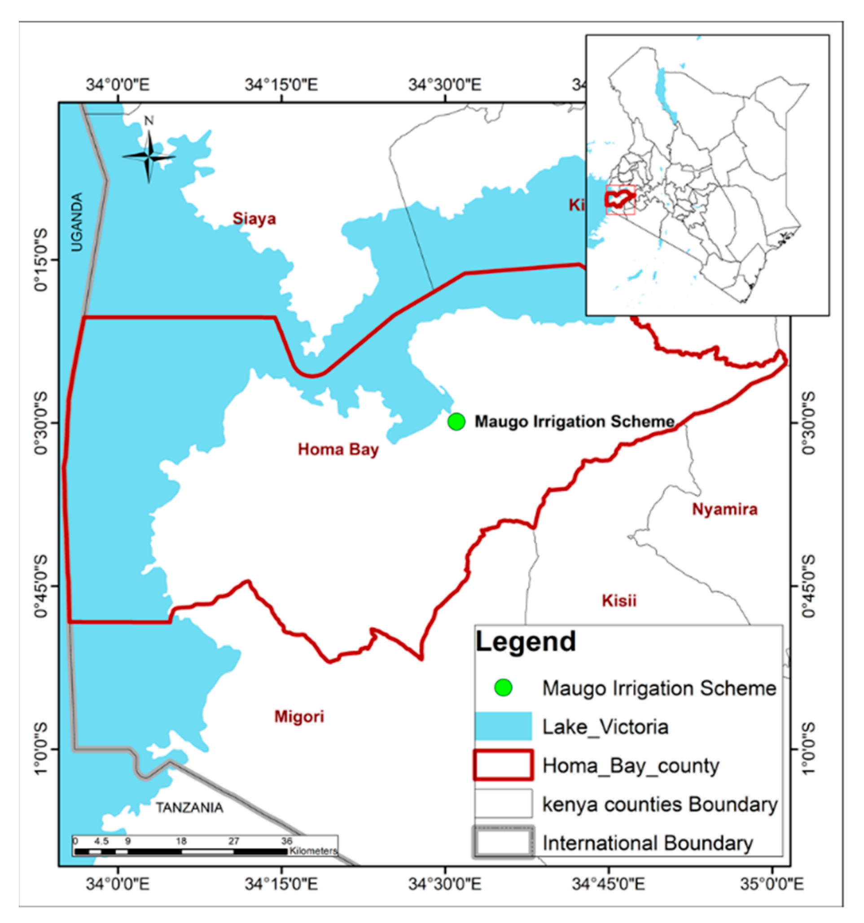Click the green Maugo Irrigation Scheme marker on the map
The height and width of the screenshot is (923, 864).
point(456,422)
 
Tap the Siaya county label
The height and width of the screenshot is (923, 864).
point(254,219)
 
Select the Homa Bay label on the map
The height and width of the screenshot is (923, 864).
point(338,449)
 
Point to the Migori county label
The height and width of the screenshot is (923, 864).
point(299,717)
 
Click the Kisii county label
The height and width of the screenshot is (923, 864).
point(619,601)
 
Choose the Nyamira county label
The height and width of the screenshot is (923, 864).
point(725,510)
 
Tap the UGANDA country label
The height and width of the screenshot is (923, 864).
point(77,222)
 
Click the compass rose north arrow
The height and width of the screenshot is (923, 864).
point(149,155)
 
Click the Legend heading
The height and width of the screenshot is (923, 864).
point(526,642)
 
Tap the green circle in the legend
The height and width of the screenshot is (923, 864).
point(503,688)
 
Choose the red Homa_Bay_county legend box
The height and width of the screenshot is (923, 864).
point(503,765)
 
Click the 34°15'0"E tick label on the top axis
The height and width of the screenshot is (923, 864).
point(281,85)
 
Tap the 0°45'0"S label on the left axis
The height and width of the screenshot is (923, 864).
point(41,586)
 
